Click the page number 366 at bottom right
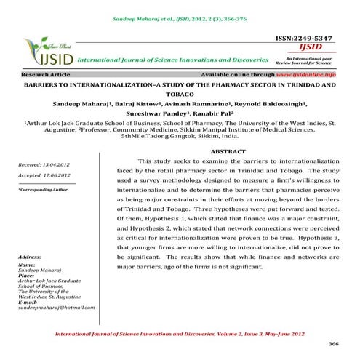[335, 343]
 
